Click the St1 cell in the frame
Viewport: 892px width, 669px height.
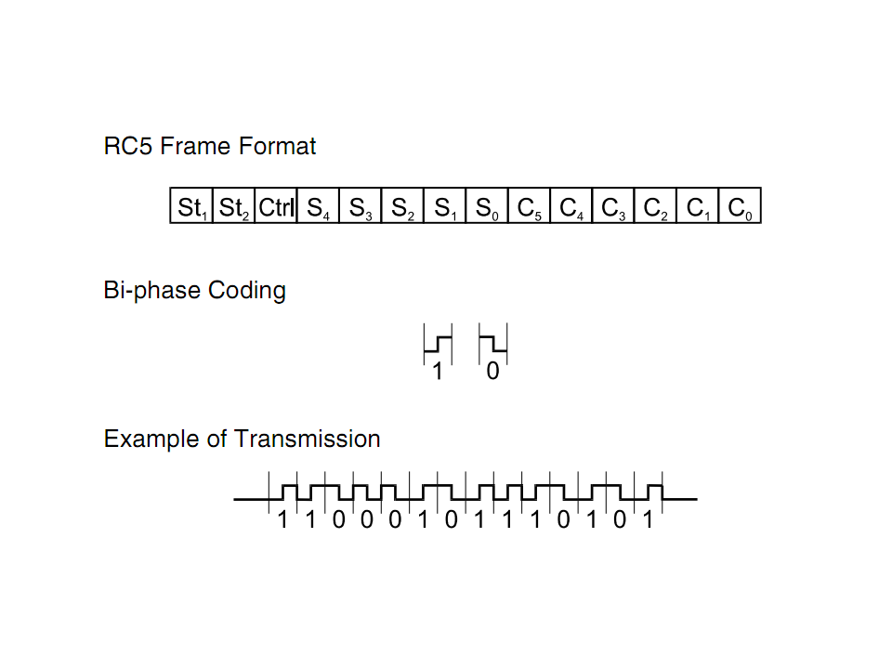191,205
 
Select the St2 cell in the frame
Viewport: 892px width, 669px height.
234,205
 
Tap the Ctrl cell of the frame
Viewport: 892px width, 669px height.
276,205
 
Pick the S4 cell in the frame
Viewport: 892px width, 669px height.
318,205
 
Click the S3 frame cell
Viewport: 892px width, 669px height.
361,205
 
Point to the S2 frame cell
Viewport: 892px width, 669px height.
402,205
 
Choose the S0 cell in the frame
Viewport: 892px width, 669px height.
487,205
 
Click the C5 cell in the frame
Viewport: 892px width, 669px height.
529,205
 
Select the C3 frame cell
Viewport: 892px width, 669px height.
613,205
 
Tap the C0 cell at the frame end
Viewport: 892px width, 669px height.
741,205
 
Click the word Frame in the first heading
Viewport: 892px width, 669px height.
196,146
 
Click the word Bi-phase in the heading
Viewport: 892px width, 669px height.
151,291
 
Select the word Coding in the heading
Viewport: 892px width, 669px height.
247,291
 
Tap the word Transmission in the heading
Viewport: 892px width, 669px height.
308,439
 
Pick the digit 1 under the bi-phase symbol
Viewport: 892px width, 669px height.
437,372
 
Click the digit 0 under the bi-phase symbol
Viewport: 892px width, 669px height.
492,372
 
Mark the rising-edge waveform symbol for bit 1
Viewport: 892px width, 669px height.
438,344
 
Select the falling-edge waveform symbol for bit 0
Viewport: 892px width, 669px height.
493,344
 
